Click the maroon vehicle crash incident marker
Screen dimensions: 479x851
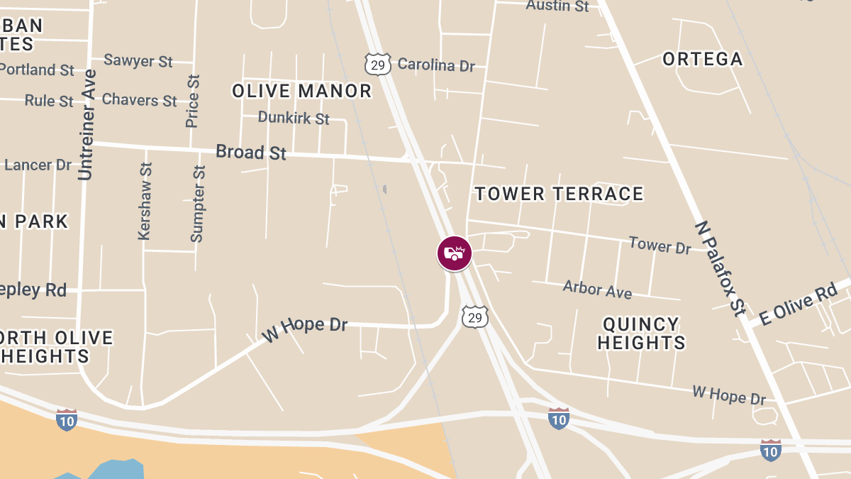(x=455, y=253)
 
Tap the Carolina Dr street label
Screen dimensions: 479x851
(x=435, y=65)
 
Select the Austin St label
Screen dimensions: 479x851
(x=557, y=6)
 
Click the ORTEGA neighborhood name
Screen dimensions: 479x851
(x=702, y=59)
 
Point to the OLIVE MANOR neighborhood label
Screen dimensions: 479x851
(x=302, y=91)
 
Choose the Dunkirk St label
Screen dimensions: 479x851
(x=294, y=118)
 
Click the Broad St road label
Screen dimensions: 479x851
(x=251, y=152)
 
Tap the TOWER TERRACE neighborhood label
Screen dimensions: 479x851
(x=559, y=194)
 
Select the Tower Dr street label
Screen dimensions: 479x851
(x=660, y=246)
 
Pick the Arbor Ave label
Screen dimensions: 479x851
(x=597, y=289)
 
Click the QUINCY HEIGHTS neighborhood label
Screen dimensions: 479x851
(x=641, y=334)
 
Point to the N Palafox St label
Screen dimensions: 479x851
(x=721, y=268)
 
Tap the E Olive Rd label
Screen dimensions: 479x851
(x=798, y=304)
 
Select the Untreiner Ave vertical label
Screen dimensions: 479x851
(x=87, y=124)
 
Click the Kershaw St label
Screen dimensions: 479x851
(x=145, y=201)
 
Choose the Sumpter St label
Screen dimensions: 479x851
(x=198, y=203)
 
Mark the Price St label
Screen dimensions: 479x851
(x=192, y=101)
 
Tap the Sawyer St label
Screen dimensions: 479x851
(x=138, y=61)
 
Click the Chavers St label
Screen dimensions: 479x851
(x=140, y=100)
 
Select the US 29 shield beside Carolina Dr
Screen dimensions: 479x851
(x=378, y=64)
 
